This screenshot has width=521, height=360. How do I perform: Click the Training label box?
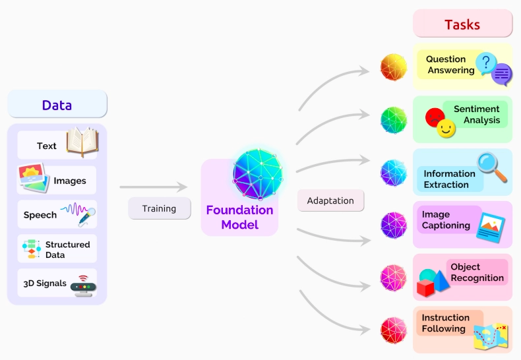click(160, 208)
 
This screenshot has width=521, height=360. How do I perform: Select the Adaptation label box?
click(330, 200)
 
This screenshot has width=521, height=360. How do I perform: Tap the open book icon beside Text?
click(82, 142)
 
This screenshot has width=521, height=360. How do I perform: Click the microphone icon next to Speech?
click(87, 216)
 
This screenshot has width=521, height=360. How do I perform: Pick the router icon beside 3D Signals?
click(83, 286)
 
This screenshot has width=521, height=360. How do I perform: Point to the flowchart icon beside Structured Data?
click(32, 249)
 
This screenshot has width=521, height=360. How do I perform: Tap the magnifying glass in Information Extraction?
click(492, 167)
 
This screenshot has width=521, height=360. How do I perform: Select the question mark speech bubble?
click(486, 63)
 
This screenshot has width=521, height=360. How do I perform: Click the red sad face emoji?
click(435, 117)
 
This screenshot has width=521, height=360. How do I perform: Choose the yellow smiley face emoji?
click(446, 128)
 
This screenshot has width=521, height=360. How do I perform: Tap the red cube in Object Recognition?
click(425, 287)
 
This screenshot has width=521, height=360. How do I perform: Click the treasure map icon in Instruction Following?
click(491, 336)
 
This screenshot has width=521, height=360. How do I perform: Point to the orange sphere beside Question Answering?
click(394, 67)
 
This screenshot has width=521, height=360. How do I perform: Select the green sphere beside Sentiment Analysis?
click(394, 120)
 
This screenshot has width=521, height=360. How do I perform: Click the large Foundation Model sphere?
click(258, 173)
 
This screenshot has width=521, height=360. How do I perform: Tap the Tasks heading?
click(462, 24)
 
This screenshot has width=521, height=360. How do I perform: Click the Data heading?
click(57, 105)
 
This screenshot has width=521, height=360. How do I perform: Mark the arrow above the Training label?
click(154, 187)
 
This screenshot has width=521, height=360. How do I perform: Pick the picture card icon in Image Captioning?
click(491, 227)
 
